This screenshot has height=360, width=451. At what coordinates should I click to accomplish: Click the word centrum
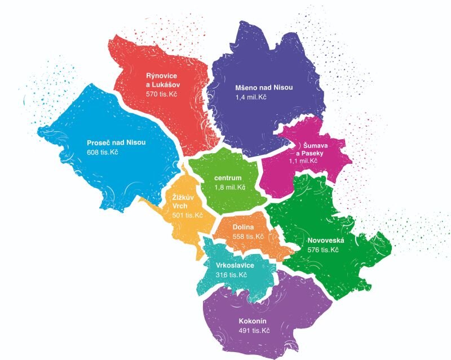tap(228, 178)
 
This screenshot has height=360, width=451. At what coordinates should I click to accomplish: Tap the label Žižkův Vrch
tap(180, 201)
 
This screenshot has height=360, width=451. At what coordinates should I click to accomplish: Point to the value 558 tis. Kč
tap(248, 237)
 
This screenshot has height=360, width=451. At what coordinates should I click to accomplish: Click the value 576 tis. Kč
tap(323, 250)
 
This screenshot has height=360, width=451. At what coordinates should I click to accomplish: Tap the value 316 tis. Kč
tap(231, 275)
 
